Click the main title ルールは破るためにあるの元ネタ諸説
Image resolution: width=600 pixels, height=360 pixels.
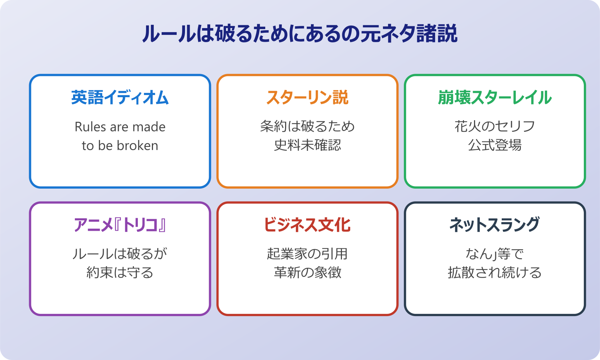(300, 34)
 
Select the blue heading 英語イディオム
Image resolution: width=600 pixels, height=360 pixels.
(120, 98)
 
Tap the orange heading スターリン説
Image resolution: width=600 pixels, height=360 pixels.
(307, 98)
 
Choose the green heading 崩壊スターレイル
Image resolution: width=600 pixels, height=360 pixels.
(495, 98)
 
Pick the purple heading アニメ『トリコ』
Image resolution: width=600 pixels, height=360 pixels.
(120, 225)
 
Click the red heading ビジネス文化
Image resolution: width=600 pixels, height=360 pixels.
(307, 225)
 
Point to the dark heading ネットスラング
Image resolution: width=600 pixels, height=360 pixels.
(495, 225)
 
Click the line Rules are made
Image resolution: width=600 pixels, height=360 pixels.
(120, 127)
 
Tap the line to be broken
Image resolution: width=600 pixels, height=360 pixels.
(120, 145)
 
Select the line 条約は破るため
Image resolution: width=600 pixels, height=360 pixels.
(307, 126)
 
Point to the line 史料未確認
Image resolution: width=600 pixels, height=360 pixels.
(307, 145)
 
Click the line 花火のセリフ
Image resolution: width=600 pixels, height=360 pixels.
(495, 126)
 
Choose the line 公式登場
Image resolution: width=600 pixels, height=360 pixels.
(495, 145)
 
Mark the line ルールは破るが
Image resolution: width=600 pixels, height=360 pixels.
(120, 254)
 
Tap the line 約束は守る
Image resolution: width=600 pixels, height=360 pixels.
(120, 273)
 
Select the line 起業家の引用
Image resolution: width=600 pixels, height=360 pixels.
(307, 254)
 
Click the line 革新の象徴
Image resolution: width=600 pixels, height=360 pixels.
(307, 273)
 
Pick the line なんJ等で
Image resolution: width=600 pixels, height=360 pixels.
(495, 254)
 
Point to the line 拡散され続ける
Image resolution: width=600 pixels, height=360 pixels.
(495, 273)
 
